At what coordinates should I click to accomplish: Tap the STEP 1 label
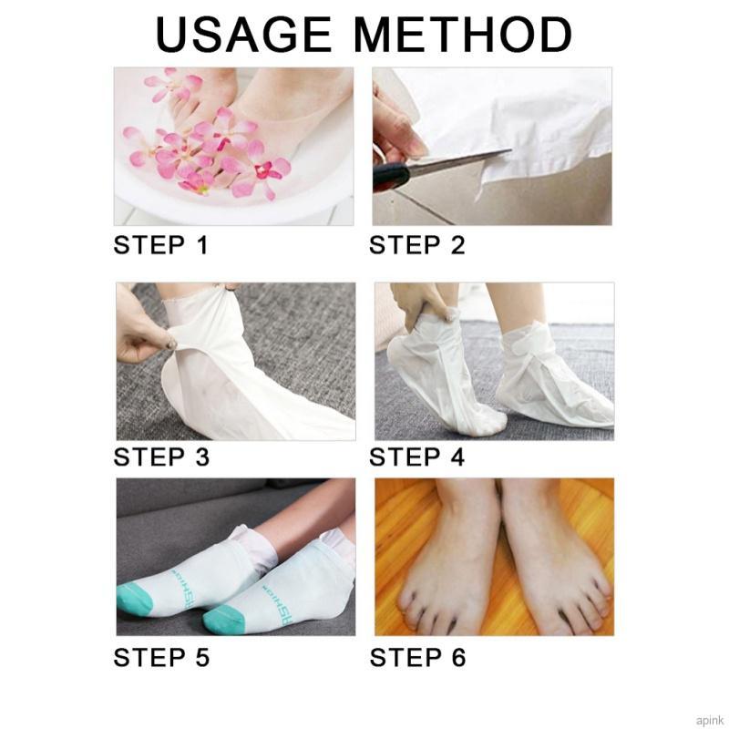point(160,245)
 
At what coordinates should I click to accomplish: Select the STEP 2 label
point(416,245)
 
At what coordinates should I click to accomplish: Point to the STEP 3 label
point(160,457)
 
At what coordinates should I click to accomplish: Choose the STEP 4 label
point(416,457)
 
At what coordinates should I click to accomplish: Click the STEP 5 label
point(160,657)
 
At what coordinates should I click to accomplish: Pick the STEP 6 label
point(416,657)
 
